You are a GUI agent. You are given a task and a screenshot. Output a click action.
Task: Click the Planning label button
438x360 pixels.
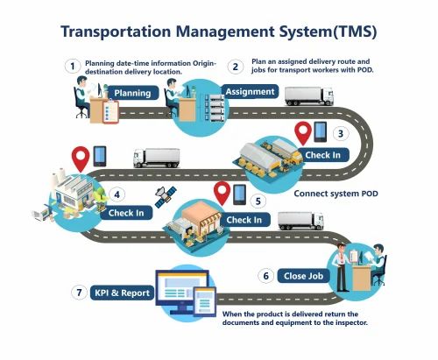[x=133, y=93]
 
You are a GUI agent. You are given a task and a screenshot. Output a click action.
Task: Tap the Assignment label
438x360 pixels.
[x=250, y=92]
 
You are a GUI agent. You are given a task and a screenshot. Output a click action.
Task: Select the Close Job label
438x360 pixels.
[x=303, y=276]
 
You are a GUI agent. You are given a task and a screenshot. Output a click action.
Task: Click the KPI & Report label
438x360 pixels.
[x=122, y=293]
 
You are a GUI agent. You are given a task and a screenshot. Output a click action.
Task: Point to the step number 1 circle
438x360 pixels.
[x=73, y=67]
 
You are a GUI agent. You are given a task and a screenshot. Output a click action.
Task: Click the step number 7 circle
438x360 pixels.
[x=79, y=293]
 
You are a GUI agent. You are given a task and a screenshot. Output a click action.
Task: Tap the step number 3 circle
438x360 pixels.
[x=341, y=134]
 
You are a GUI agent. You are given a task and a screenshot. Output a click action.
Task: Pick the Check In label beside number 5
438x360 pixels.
[x=244, y=220]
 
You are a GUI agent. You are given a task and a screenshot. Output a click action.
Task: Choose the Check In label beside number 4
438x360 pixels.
[x=126, y=213]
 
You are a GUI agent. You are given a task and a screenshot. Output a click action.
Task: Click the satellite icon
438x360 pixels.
[x=166, y=197]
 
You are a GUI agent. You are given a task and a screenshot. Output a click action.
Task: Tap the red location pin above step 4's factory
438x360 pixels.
[x=81, y=159]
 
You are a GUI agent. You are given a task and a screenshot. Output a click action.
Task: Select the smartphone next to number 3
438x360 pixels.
[x=321, y=131]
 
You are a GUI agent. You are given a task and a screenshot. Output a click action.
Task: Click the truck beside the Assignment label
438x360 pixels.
[x=309, y=95]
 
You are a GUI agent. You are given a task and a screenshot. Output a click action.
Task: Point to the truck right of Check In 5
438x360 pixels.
[x=300, y=221]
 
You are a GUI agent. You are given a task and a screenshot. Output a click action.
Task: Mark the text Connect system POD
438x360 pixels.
[x=336, y=194]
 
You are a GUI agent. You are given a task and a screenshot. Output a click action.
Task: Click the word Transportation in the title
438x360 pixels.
[x=116, y=32]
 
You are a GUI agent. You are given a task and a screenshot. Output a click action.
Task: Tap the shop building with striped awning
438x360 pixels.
[x=201, y=216]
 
